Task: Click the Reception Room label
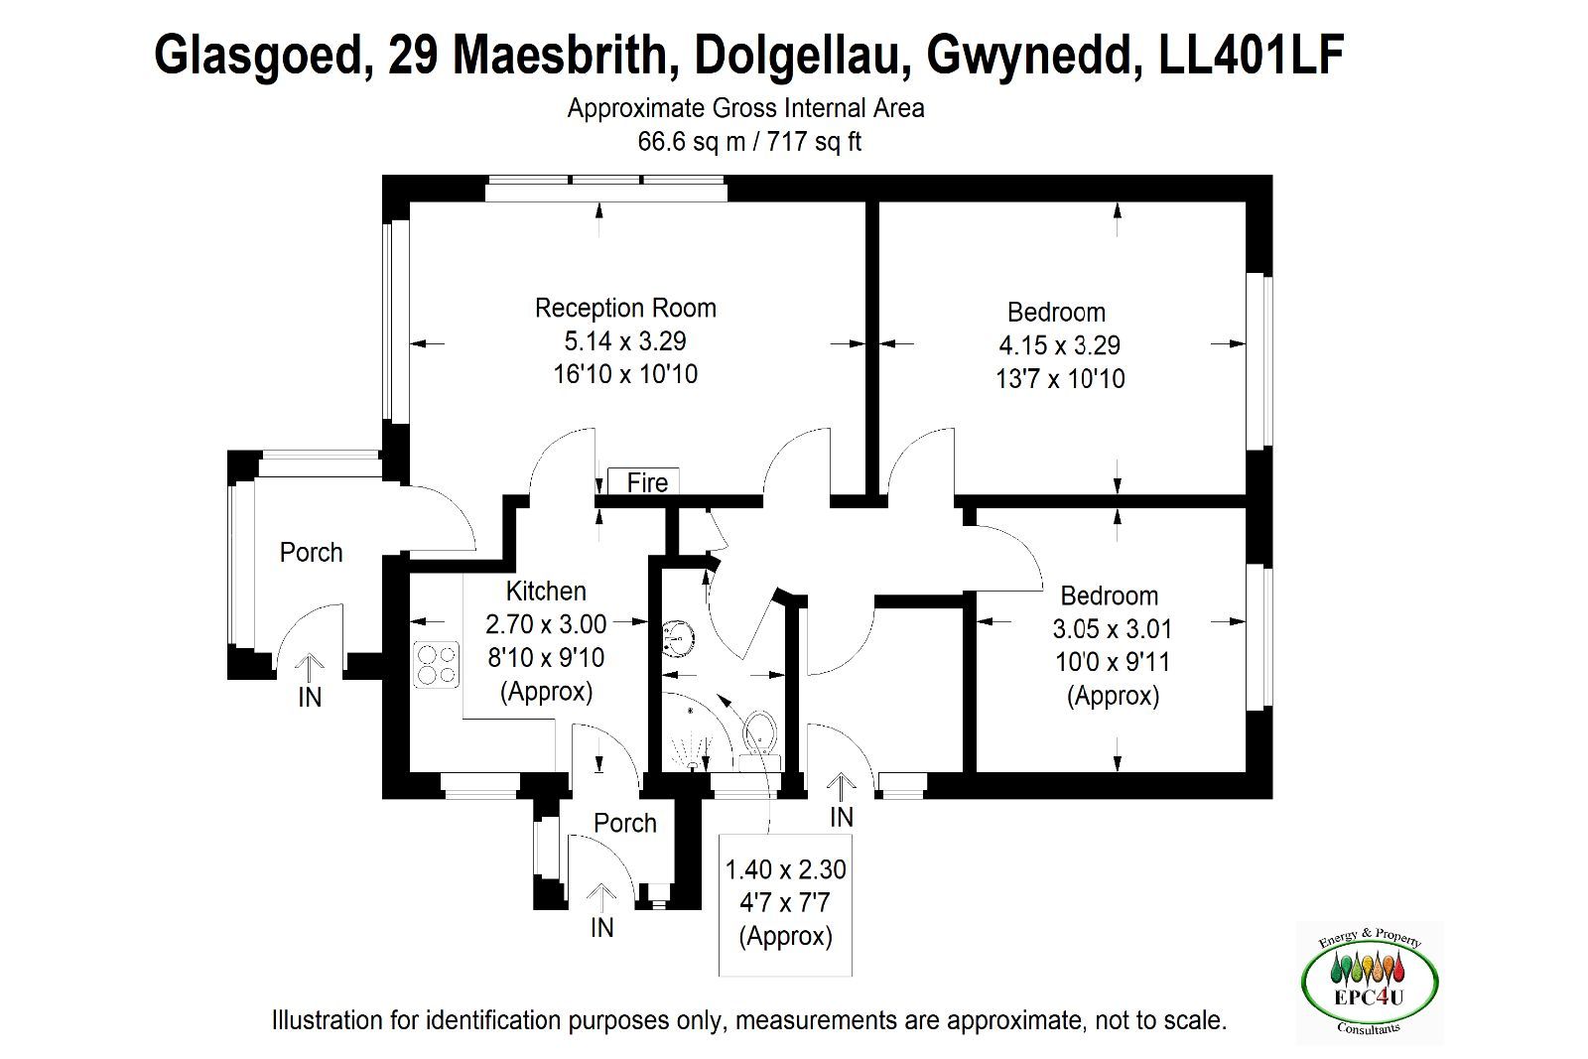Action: [x=625, y=309]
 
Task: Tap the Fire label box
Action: [x=644, y=482]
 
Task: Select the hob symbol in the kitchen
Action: [x=437, y=664]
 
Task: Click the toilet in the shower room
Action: [x=760, y=740]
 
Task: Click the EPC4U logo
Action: [x=1370, y=983]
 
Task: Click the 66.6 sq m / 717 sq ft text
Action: [x=748, y=142]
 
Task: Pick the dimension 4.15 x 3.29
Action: [x=1059, y=346]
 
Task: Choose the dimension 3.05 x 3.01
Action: [x=1112, y=628]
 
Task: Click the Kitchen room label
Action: [x=546, y=592]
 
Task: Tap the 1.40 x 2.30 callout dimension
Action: [x=785, y=869]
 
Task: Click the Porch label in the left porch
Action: [x=312, y=552]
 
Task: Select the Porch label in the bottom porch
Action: [x=624, y=823]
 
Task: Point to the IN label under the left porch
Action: [x=310, y=698]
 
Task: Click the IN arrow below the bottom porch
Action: [x=601, y=897]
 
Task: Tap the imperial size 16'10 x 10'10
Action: [x=625, y=374]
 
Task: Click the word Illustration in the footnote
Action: [x=328, y=1020]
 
